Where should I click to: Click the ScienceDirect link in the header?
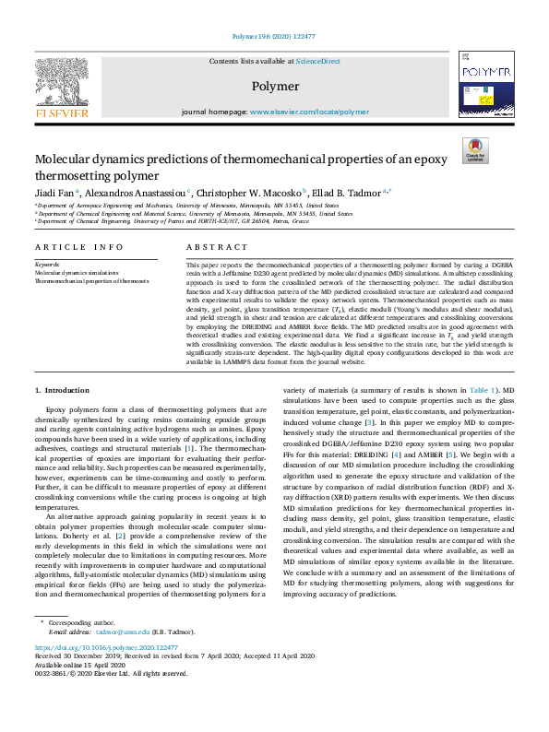(317, 60)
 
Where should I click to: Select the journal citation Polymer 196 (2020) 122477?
(274, 38)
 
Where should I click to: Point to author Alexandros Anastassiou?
(135, 192)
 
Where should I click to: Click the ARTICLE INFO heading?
(78, 247)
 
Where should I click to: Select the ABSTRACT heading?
(217, 247)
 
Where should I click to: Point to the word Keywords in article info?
(48, 264)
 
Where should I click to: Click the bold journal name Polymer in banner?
(274, 87)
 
